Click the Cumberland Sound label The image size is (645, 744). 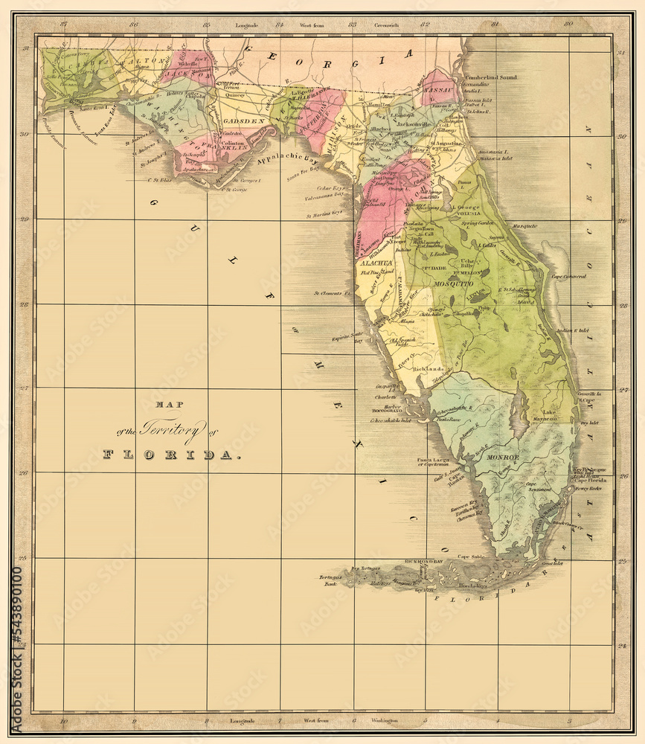[x=491, y=77]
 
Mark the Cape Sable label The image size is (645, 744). [x=471, y=557]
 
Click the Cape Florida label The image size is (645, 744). [x=591, y=481]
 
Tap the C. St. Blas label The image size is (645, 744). [x=160, y=179]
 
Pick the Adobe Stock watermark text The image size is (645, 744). [x=16, y=647]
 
